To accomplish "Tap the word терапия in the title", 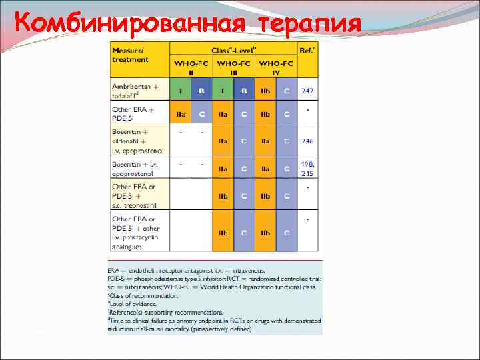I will [307, 23].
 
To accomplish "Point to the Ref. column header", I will [308, 50].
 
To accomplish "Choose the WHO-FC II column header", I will [191, 67].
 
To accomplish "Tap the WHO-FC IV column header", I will [275, 67].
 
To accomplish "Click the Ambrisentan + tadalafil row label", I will [136, 91].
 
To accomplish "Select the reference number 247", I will [307, 91].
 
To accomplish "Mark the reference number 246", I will [307, 141].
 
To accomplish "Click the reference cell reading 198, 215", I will [307, 169].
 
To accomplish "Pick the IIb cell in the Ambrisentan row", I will [265, 91].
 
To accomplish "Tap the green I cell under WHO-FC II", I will [181, 91].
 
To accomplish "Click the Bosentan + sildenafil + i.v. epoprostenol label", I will [136, 141].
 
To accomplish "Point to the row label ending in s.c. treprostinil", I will [136, 196].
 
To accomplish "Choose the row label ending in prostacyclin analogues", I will [136, 233].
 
